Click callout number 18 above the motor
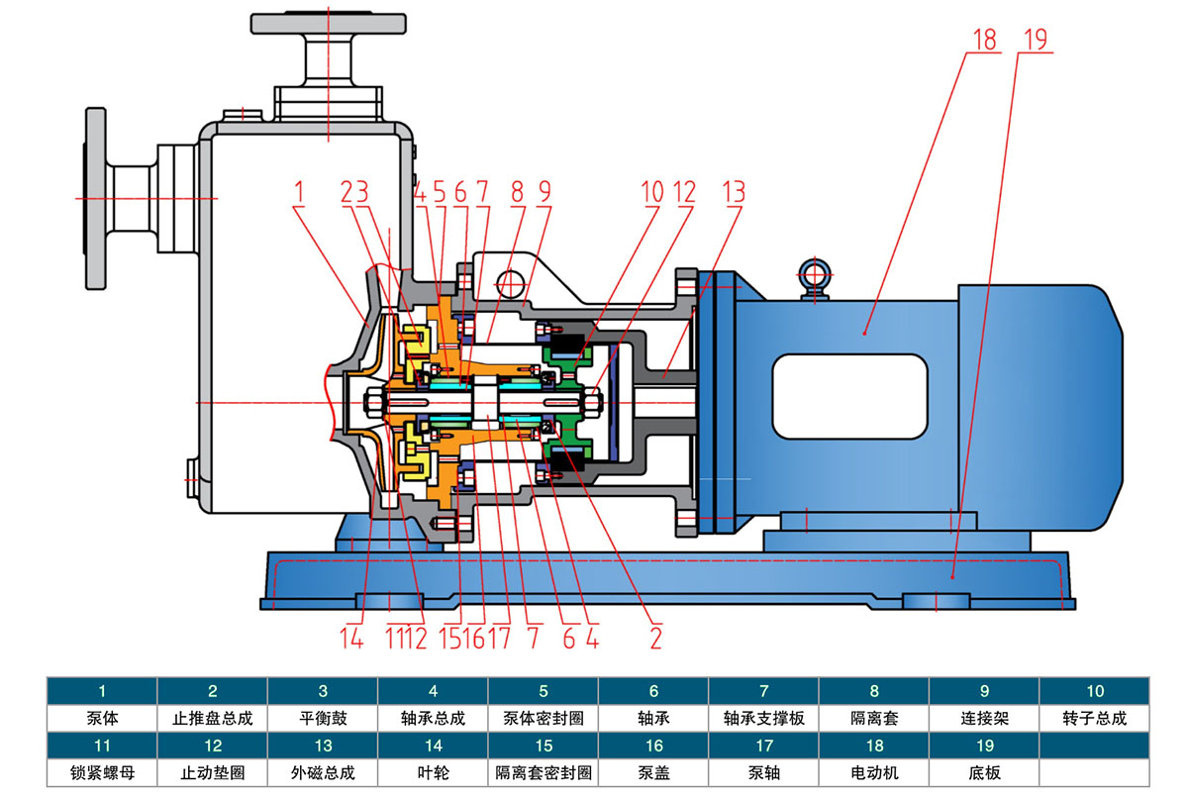[984, 41]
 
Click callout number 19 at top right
[1035, 41]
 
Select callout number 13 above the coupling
[733, 192]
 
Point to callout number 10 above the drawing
[651, 192]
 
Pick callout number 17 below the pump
[499, 640]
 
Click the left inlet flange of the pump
[96, 197]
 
